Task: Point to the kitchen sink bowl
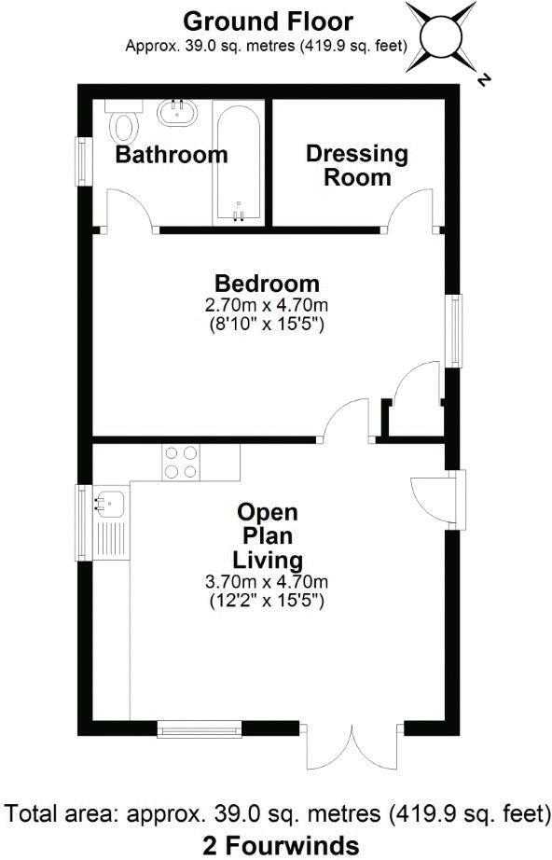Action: [x=110, y=505]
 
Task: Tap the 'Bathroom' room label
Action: [x=171, y=155]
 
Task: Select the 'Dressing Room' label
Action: [x=357, y=165]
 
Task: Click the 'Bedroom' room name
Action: [x=267, y=284]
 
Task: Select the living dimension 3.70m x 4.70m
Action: [x=267, y=582]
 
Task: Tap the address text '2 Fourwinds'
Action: [x=281, y=845]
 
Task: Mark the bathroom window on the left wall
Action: [x=83, y=161]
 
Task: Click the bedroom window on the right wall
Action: [x=454, y=330]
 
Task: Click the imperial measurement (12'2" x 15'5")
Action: [x=267, y=602]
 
